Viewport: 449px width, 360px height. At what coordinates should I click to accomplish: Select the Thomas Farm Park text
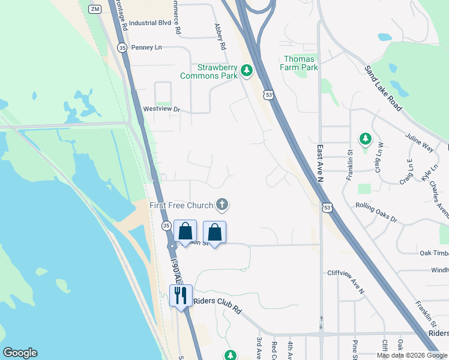[x=300, y=63]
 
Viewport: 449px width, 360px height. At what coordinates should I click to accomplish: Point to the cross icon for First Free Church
[x=222, y=205]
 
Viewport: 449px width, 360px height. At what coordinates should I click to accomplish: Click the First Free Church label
[x=182, y=205]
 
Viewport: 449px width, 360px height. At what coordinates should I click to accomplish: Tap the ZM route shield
[x=94, y=9]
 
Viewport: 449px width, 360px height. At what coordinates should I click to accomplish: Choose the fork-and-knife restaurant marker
[x=181, y=295]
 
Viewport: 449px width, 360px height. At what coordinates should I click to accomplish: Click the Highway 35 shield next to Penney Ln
[x=122, y=47]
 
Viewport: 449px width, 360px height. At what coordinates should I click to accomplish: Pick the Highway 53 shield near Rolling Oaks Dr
[x=327, y=207]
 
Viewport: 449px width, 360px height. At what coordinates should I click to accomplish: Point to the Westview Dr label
[x=161, y=109]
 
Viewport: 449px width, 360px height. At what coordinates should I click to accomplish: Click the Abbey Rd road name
[x=220, y=37]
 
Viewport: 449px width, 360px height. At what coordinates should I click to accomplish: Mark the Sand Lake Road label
[x=384, y=88]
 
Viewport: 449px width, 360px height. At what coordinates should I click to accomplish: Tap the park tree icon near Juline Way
[x=365, y=140]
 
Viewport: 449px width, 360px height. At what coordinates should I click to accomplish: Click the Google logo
[x=20, y=353]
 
